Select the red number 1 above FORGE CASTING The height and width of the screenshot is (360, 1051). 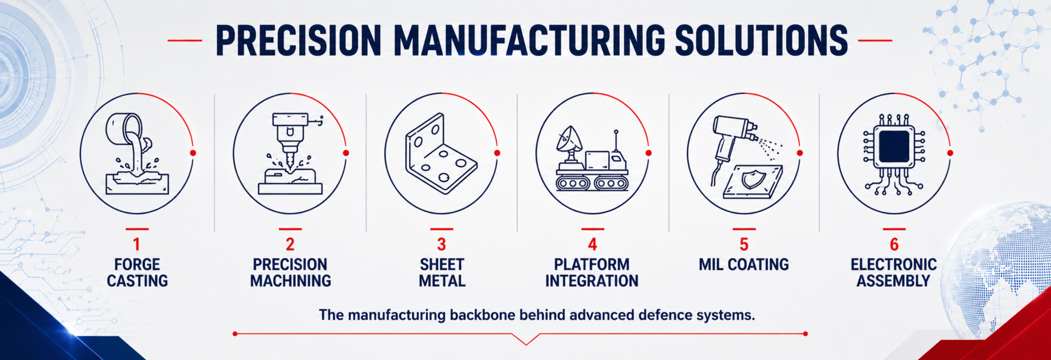pos(137,244)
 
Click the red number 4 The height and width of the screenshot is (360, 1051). pos(592,244)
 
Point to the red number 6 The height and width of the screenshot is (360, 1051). pos(894,244)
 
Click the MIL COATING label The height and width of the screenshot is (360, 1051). pos(744,264)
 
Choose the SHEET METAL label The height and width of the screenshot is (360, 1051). pos(442,273)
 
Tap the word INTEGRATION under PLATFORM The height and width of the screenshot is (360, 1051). pos(592,281)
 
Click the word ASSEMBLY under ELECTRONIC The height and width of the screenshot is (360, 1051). pos(893,281)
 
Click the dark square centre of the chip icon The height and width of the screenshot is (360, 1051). pos(894,147)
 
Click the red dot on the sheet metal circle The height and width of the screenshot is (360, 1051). pos(497,153)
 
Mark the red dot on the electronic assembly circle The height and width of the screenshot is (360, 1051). pos(950,153)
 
